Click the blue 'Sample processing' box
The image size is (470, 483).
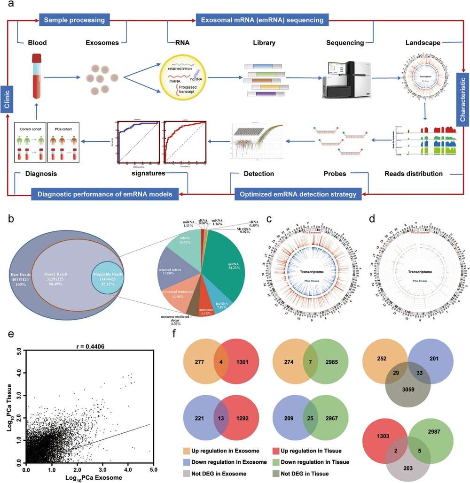75,20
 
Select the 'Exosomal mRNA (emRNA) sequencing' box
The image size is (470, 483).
262,20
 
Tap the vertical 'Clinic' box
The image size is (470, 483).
7,99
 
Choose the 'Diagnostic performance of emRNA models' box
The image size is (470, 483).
101,193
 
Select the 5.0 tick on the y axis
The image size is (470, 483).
18,350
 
